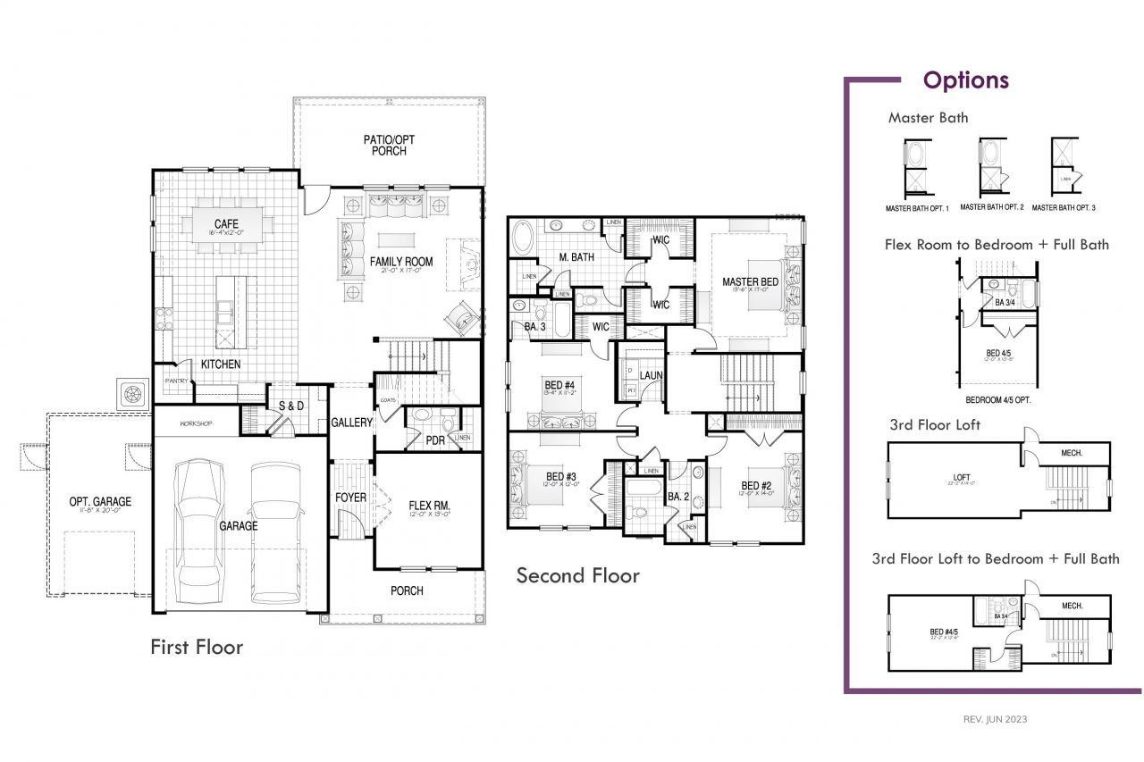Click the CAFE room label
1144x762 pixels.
point(224,223)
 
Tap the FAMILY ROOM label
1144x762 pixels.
point(401,263)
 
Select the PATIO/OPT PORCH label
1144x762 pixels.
point(389,146)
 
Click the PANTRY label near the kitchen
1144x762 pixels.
point(176,381)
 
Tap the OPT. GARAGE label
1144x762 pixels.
point(100,502)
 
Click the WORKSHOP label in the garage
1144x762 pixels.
point(196,423)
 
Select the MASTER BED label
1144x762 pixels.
point(750,282)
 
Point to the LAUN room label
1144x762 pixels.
point(651,375)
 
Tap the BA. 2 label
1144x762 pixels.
point(677,496)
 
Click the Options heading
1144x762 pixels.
point(965,80)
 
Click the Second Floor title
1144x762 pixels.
point(577,575)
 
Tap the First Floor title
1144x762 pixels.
point(196,646)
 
